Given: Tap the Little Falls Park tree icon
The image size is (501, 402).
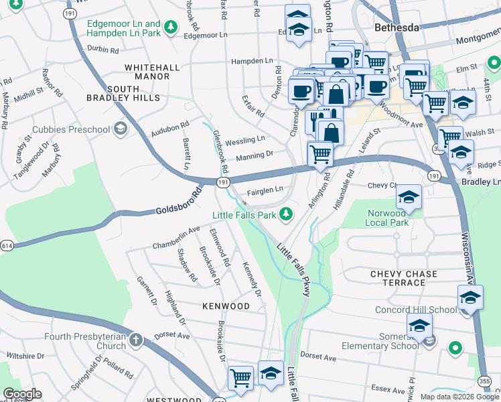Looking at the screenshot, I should pos(286,215).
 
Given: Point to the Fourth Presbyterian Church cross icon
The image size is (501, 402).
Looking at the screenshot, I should pos(136,340).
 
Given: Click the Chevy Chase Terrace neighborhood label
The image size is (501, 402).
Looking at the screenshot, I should pos(404,278).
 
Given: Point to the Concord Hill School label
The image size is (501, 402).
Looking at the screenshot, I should pos(425,310).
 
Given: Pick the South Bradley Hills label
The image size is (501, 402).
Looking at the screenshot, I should pos(123,93).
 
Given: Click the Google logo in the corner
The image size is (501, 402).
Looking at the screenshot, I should pos(22,394).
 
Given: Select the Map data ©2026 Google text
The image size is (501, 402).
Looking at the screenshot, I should pos(459,397).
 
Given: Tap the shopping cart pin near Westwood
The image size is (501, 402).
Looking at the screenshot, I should pos(240,378).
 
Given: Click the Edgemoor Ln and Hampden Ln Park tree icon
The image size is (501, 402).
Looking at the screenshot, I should pos(171,27).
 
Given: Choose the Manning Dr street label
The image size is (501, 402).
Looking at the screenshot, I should pos(255,155).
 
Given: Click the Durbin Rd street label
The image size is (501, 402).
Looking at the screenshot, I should pos(102,50).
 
